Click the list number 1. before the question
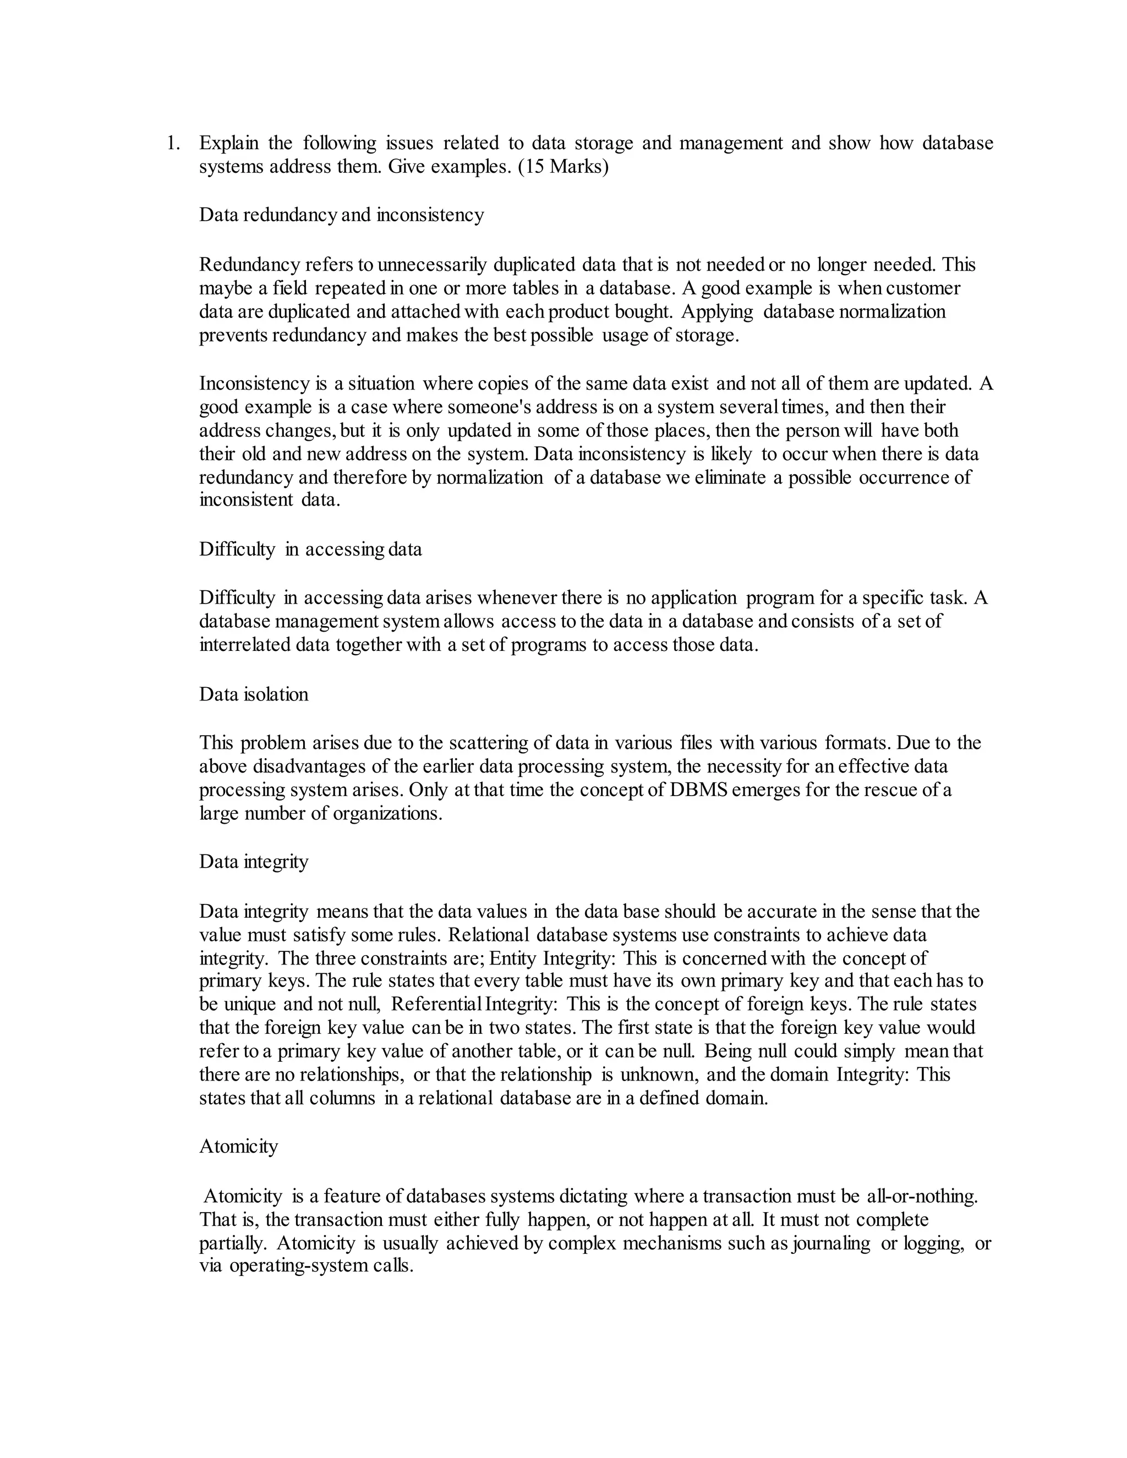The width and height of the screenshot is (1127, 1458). click(x=172, y=144)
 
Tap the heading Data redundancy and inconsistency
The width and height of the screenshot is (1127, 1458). click(x=341, y=215)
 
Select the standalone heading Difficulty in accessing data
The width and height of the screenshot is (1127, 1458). click(x=310, y=550)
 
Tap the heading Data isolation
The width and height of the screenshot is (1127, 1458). click(x=254, y=694)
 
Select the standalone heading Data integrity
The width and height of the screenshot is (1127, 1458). click(x=254, y=862)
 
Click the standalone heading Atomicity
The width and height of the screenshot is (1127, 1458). click(x=238, y=1146)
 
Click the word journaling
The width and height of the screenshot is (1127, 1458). click(x=830, y=1243)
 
